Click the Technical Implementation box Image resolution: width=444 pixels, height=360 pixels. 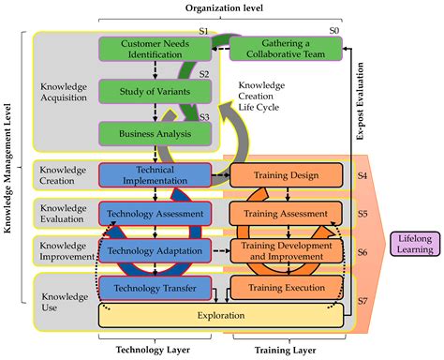(x=152, y=173)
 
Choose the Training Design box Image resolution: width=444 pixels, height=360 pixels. (x=277, y=173)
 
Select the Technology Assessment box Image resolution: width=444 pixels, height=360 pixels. (x=152, y=214)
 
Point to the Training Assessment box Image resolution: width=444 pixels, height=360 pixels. (x=277, y=214)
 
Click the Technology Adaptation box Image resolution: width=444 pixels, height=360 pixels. (x=152, y=251)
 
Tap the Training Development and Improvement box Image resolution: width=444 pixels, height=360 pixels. (x=277, y=251)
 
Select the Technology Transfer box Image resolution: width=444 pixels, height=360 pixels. (x=152, y=289)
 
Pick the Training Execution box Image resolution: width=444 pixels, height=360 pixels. (x=277, y=289)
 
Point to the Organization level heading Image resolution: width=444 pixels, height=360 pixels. (x=222, y=8)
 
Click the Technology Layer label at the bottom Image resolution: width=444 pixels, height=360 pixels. (x=152, y=349)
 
